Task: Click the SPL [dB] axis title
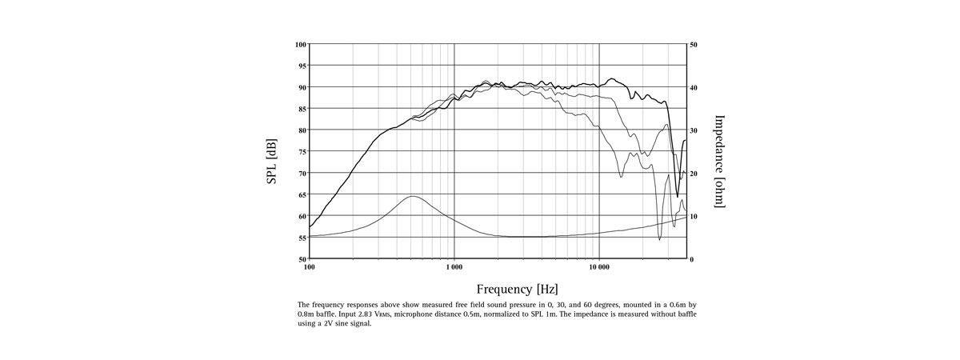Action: point(272,162)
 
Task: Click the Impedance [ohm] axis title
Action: point(719,162)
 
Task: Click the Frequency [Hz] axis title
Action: point(517,289)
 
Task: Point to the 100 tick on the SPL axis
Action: point(301,44)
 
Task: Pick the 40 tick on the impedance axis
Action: point(694,87)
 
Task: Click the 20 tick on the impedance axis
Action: point(694,173)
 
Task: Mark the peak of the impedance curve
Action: point(412,196)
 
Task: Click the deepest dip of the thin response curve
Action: point(659,239)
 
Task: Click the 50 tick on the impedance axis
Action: point(694,44)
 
